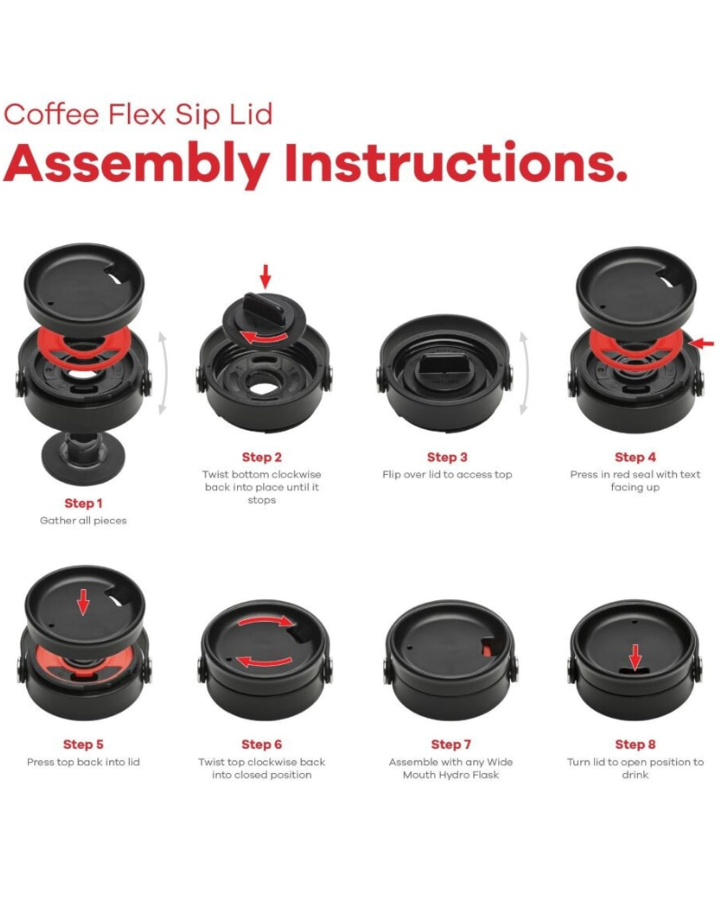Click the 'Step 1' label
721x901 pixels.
pos(84,504)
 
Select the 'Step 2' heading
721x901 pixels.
pos(261,458)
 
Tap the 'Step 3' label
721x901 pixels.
pos(447,458)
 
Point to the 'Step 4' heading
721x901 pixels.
pos(634,458)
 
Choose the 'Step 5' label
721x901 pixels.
pos(84,745)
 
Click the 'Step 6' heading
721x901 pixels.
pos(261,745)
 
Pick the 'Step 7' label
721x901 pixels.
pos(451,745)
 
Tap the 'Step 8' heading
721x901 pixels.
pos(635,745)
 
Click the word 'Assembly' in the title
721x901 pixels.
pos(137,164)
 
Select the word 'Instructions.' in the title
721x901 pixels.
pos(456,162)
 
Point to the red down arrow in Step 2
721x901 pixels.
pos(265,277)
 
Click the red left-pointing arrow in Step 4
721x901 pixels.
pos(701,343)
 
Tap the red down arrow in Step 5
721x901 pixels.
pos(84,602)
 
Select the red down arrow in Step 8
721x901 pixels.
pos(634,658)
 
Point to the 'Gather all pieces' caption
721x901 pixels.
pos(84,521)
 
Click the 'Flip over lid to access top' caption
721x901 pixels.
pos(447,475)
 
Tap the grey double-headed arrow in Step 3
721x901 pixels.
pos(524,372)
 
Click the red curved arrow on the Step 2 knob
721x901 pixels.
pos(264,337)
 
